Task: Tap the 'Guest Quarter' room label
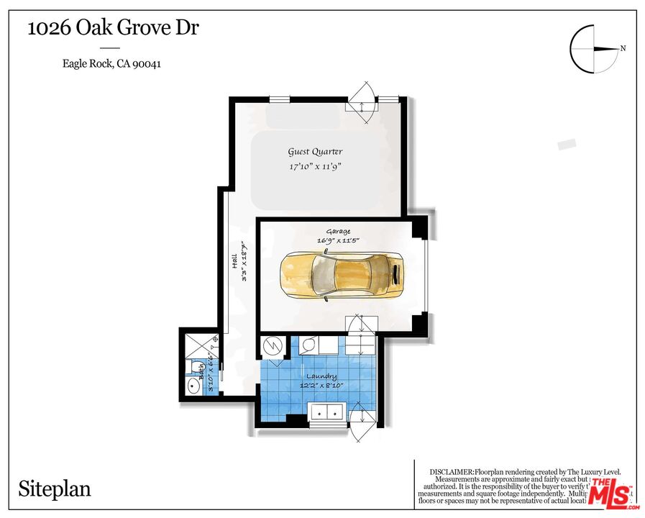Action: (x=315, y=152)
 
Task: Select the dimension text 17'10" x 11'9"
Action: (x=314, y=167)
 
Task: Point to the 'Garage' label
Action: (x=338, y=231)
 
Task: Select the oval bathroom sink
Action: (x=193, y=386)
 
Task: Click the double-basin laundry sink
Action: (x=325, y=413)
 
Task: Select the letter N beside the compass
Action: (x=623, y=49)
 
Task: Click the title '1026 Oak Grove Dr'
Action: (x=113, y=29)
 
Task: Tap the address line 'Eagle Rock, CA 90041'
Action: (x=111, y=63)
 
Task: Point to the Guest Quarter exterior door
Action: (x=361, y=101)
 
